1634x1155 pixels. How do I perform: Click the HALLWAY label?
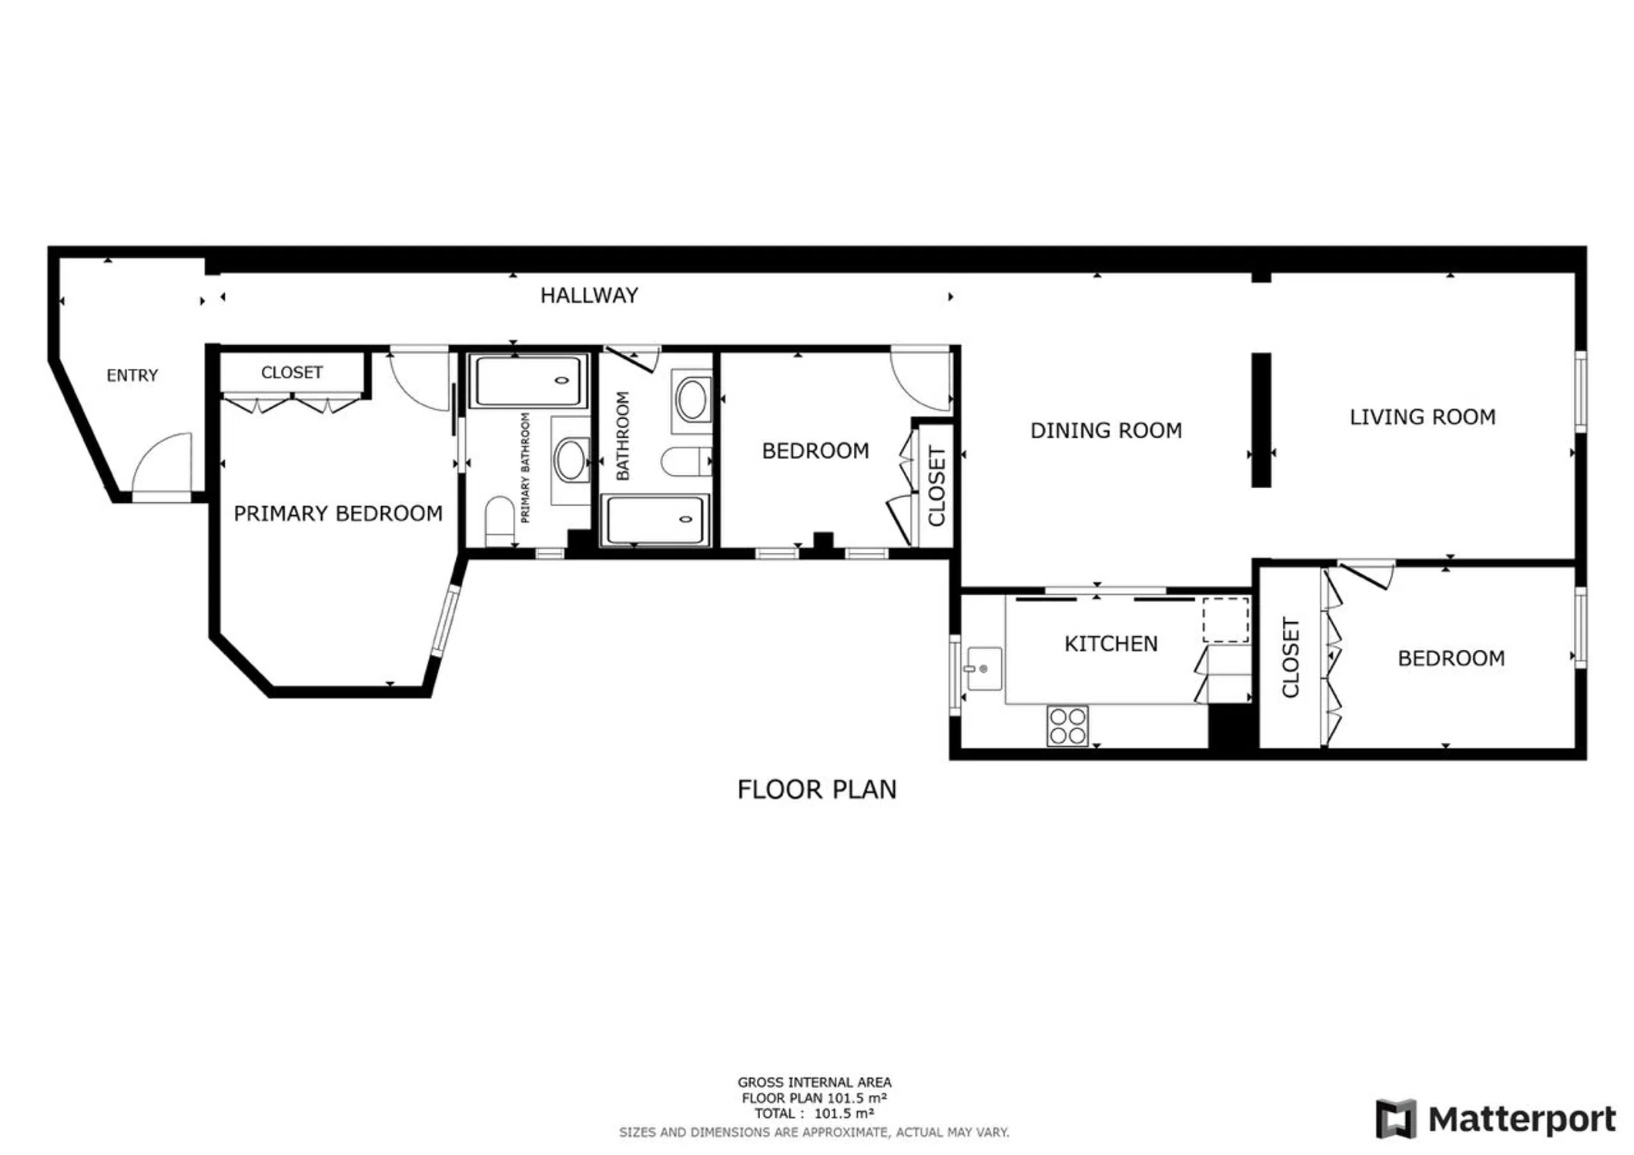pos(589,296)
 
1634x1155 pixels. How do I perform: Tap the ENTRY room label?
pos(132,376)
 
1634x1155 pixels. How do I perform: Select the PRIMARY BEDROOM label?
pos(338,514)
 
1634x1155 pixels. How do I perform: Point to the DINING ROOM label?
pos(1106,430)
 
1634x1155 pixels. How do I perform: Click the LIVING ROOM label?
pos(1422,417)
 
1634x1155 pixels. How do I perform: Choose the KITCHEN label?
pos(1110,644)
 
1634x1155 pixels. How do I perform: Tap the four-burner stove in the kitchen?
pos(1067,725)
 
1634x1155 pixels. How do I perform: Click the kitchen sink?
pos(983,668)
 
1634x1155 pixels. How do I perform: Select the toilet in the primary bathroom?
pos(500,521)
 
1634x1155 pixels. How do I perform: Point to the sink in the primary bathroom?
pos(571,460)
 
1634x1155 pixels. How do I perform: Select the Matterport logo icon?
pos(1396,1119)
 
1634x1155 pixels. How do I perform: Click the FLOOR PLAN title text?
pos(817,790)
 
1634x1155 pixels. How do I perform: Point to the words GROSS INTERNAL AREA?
pos(815,1083)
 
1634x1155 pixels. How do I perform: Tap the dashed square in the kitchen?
pos(1226,620)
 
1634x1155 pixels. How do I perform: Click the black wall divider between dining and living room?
pos(1261,420)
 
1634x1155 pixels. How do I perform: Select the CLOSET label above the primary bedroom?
pos(292,373)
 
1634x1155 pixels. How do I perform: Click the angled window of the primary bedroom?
pos(446,621)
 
